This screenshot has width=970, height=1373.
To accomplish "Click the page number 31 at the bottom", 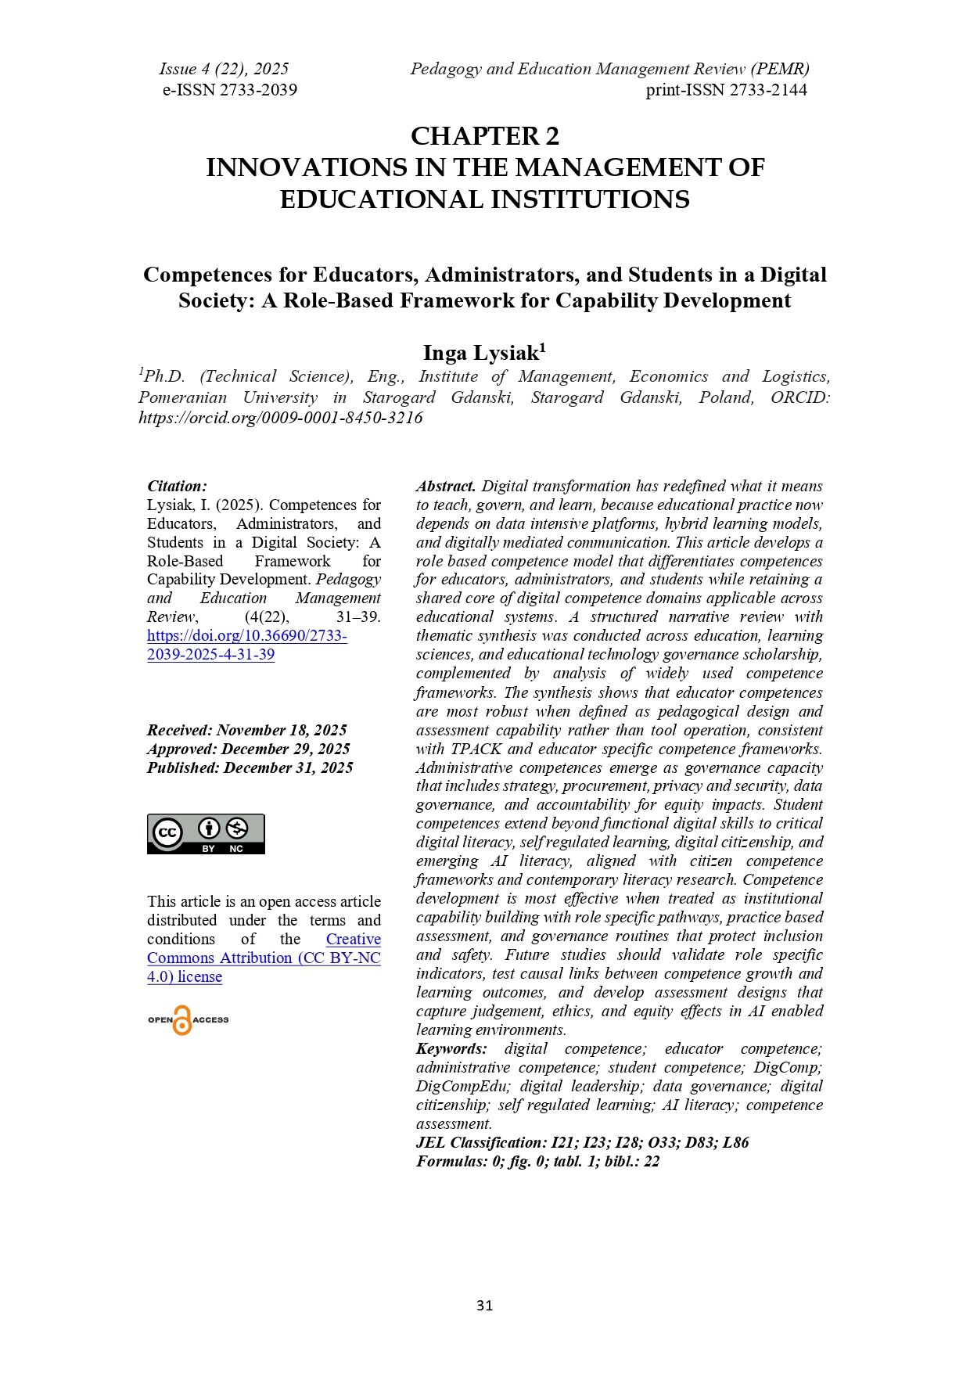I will (x=484, y=1305).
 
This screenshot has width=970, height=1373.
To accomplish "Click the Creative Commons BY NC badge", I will (x=206, y=834).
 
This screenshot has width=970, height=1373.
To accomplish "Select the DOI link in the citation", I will (x=246, y=645).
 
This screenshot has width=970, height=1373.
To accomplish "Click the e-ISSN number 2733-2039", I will (x=258, y=90).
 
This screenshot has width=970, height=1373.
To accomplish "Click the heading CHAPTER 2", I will (x=485, y=136).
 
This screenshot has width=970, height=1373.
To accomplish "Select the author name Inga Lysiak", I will (x=481, y=353).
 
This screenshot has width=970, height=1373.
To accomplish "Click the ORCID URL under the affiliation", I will (x=281, y=418).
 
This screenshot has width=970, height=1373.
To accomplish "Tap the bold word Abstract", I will (x=445, y=486).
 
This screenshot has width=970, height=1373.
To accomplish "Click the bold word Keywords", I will (x=451, y=1048).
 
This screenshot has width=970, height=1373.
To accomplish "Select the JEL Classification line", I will (x=582, y=1142).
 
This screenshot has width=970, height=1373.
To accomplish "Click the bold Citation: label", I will (x=177, y=486).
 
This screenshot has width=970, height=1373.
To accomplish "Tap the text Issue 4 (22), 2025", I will (x=224, y=69).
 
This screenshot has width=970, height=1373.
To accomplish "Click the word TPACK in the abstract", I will (x=476, y=749).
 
